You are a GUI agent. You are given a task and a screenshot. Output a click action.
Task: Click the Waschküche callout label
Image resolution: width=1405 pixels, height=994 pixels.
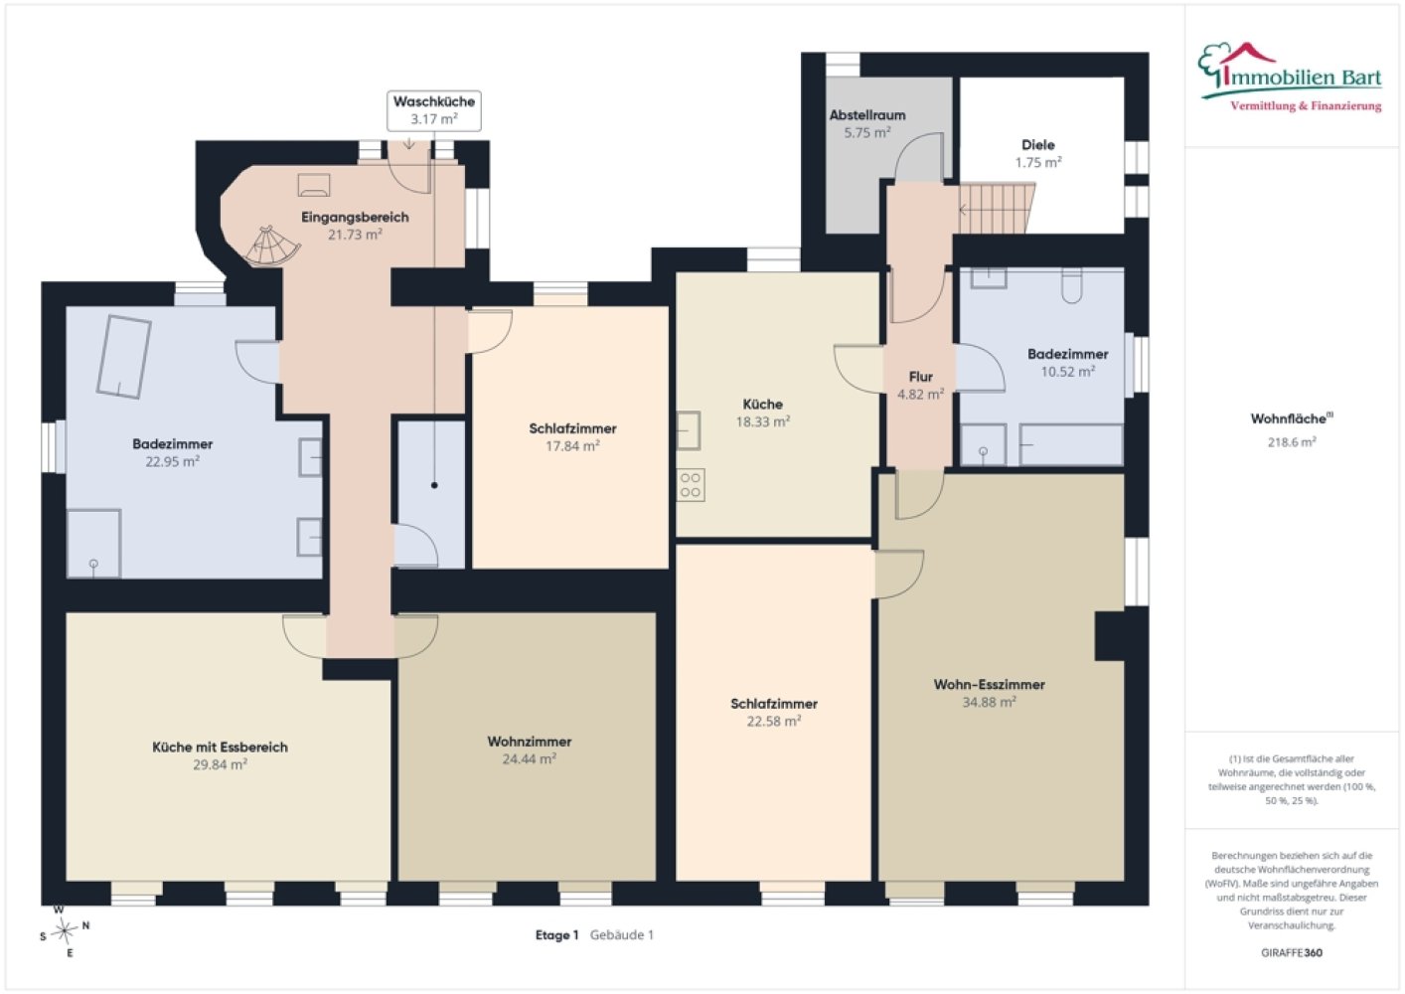[434, 110]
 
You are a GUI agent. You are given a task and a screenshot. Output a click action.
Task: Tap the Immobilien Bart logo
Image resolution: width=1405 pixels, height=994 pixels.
[1291, 78]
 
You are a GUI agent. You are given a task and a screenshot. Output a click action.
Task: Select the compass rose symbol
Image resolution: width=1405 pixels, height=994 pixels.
[64, 931]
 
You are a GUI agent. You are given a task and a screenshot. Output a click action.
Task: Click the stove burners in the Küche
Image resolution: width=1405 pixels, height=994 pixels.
[690, 485]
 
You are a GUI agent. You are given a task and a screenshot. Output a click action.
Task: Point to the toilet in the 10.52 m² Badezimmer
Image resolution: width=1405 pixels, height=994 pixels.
[1072, 285]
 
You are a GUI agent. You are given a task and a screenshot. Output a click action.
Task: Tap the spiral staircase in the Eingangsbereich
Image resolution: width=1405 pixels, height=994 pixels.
[272, 247]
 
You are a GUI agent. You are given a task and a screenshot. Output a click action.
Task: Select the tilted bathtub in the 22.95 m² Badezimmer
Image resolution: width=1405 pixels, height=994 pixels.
[123, 357]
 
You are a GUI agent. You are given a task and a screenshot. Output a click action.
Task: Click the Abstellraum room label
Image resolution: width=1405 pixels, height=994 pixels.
[867, 115]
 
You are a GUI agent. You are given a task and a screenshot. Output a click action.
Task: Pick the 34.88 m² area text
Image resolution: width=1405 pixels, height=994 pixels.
[989, 702]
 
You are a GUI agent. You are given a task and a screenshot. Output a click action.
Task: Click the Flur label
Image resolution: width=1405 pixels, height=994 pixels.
[920, 377]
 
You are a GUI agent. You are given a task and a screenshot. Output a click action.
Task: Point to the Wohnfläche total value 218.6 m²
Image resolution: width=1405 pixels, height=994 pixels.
[1292, 442]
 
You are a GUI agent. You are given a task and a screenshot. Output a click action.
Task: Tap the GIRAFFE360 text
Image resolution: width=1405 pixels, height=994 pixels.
[1292, 952]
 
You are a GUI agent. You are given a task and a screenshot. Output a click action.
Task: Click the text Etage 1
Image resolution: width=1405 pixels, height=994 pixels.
[556, 935]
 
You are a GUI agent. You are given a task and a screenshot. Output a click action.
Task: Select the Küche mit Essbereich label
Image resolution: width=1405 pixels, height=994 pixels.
[221, 747]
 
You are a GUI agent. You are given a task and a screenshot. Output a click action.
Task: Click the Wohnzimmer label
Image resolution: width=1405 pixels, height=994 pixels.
[530, 742]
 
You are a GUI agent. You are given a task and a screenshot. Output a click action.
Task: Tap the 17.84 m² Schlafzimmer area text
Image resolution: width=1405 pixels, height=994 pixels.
[572, 446]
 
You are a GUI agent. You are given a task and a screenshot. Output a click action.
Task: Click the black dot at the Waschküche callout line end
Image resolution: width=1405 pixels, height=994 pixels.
[434, 485]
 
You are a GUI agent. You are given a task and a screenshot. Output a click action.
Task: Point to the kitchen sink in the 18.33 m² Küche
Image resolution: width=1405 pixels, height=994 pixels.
[688, 430]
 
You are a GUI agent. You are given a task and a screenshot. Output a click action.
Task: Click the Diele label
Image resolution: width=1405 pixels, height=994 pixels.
[1038, 145]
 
